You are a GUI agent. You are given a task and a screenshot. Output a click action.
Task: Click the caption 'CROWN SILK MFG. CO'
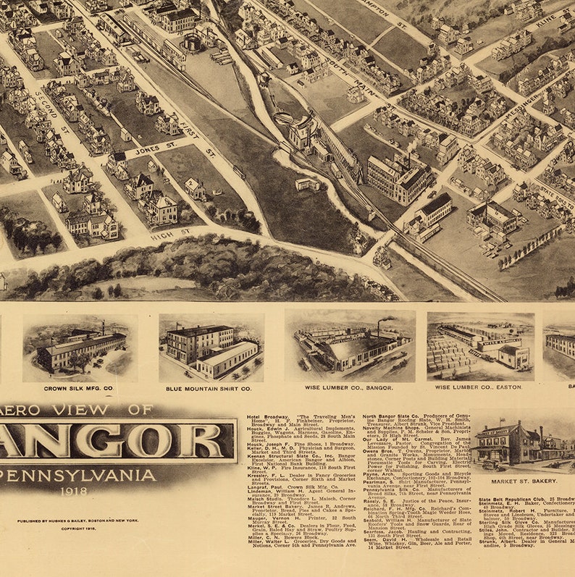click(x=79, y=389)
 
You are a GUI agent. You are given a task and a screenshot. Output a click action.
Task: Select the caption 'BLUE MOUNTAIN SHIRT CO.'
click(x=208, y=389)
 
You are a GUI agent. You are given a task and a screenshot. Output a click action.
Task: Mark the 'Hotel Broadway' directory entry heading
click(x=266, y=418)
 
